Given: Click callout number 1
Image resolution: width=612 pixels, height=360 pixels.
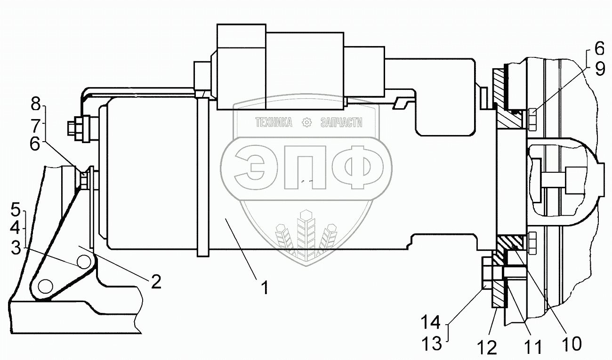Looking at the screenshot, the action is pos(265,288).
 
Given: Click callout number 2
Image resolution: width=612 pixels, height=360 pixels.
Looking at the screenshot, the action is pos(156,281).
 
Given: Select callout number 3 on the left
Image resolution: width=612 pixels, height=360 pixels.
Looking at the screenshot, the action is pos(16,248).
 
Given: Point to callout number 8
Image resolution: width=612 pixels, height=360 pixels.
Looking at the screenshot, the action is pos(35,104).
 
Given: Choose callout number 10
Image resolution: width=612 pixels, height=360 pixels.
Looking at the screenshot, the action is pos(572,344).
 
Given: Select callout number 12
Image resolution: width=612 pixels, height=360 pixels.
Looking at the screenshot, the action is pos(487,347).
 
